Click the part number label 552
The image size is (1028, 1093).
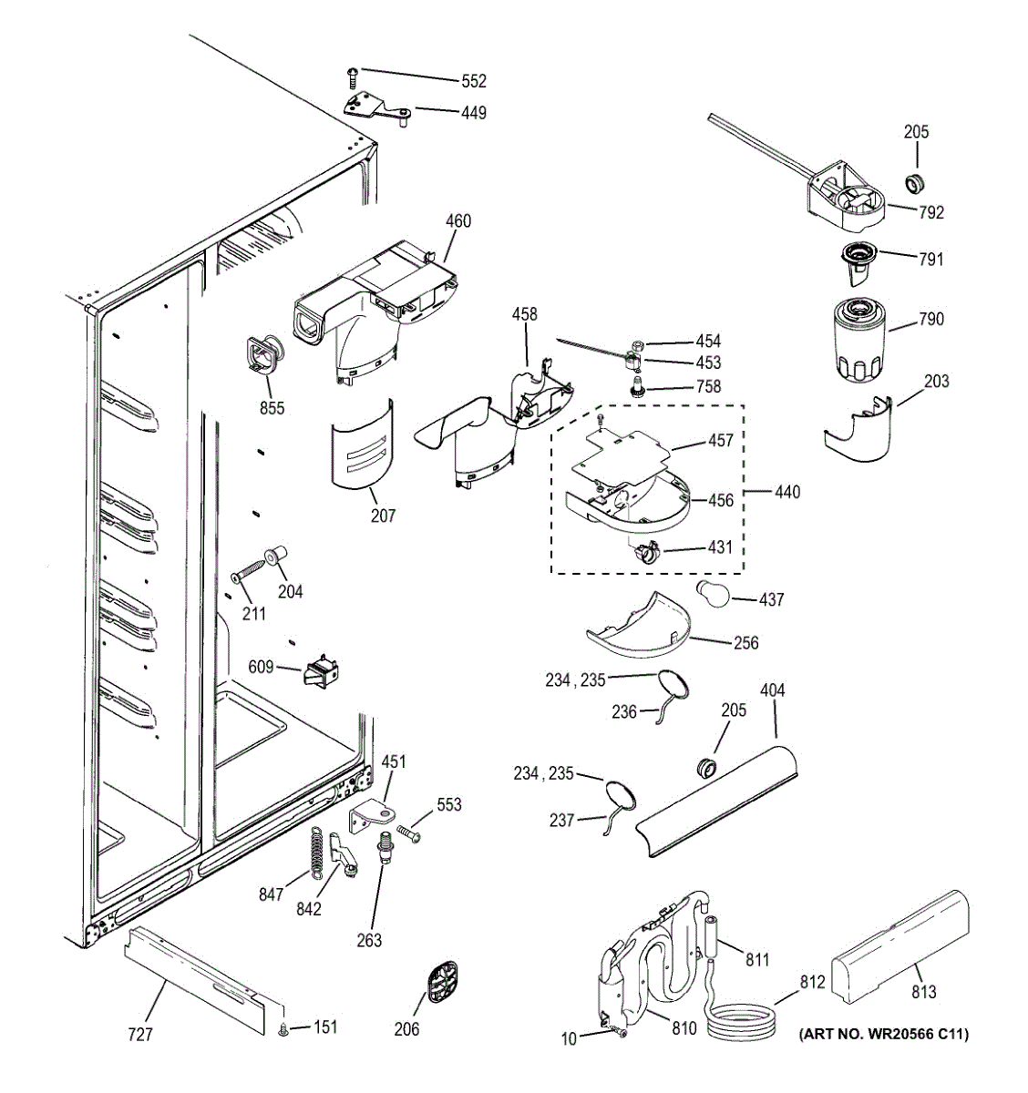pos(473,81)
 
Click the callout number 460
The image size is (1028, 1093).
pos(457,220)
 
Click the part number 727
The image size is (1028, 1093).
pos(139,1034)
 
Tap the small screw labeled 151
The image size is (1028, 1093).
pos(283,1029)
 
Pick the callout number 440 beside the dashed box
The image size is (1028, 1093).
pos(786,492)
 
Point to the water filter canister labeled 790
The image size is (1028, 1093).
pos(858,343)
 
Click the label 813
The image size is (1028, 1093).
pos(922,992)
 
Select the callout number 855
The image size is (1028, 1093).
pos(272,408)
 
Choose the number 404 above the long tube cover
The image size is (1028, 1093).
pos(771,690)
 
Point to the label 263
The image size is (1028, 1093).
pos(369,941)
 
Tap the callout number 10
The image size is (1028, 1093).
pos(569,1038)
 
